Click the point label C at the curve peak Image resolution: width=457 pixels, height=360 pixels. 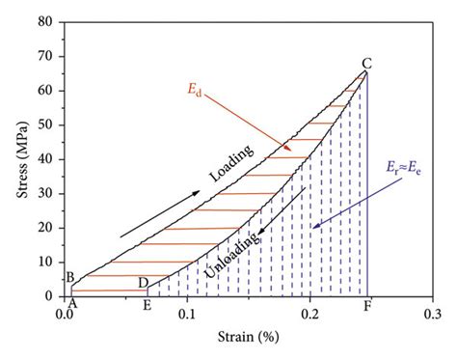click(367, 64)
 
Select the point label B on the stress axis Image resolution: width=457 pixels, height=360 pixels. click(69, 278)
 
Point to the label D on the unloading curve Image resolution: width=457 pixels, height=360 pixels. click(143, 282)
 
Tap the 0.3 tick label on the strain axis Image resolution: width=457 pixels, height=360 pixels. click(433, 314)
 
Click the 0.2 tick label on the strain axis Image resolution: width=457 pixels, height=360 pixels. click(310, 314)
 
